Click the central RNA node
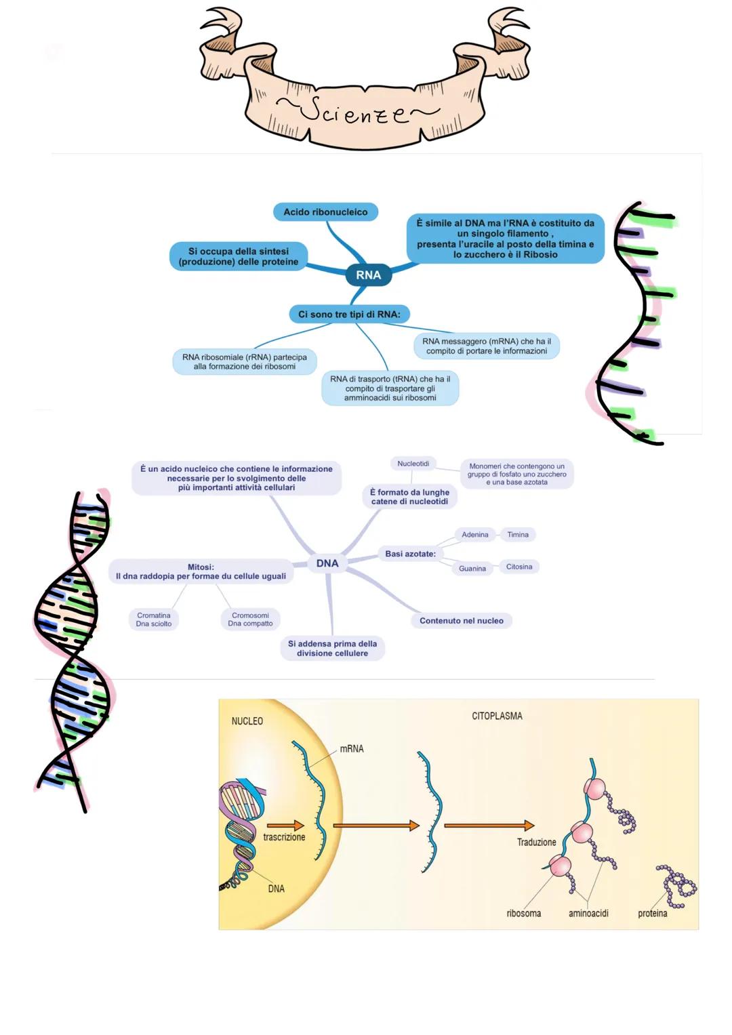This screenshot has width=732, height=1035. pos(368,275)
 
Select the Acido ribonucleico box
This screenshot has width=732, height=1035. pos(325,212)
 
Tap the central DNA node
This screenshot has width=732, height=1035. pos(327,563)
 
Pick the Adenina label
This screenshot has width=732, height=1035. pos(474,535)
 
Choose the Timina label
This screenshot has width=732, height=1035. pos(518,535)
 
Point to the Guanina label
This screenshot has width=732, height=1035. pos(472,569)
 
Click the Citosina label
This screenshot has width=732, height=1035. pos(519,567)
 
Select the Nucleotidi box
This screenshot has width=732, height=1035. pos(413,464)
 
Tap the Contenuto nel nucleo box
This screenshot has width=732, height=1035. pos(461,621)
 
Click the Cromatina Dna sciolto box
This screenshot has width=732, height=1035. pos(154,620)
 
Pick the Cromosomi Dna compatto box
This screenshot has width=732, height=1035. pos(250,620)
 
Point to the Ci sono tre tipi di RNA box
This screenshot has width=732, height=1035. pos(349,314)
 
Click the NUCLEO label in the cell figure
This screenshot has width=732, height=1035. pos(247,721)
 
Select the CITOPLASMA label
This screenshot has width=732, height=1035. pos(497,716)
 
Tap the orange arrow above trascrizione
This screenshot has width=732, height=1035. pos(285,826)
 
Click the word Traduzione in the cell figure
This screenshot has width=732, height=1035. pos(536,843)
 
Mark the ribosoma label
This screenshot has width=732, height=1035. pos(524,914)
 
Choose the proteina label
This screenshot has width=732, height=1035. pos(652,914)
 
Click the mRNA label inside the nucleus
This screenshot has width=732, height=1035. pos(352,749)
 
